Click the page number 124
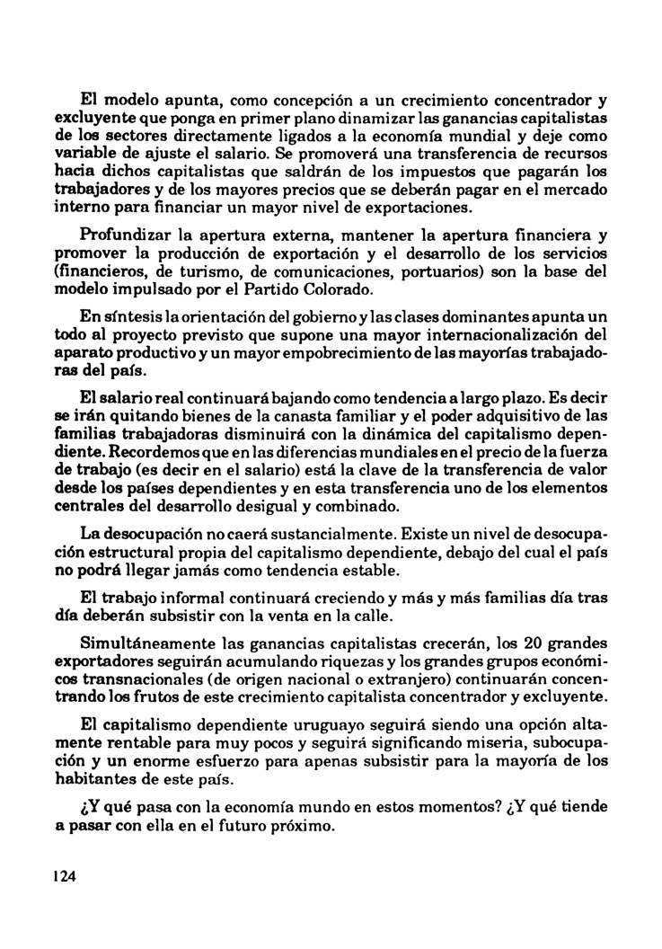pos(64,878)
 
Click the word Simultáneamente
pos(146,643)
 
